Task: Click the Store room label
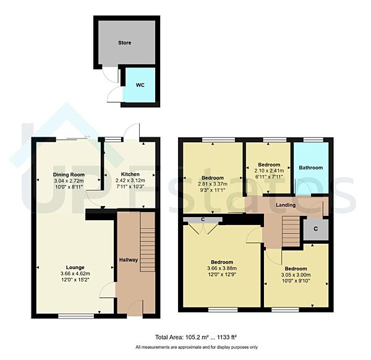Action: pyautogui.click(x=125, y=43)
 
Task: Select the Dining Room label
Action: pyautogui.click(x=68, y=175)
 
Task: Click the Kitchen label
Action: pyautogui.click(x=130, y=174)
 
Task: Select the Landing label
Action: pyautogui.click(x=285, y=205)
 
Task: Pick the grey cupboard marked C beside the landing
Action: pyautogui.click(x=315, y=228)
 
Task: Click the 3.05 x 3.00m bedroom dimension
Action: pyautogui.click(x=294, y=276)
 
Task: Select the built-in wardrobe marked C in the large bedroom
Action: pyautogui.click(x=202, y=219)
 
